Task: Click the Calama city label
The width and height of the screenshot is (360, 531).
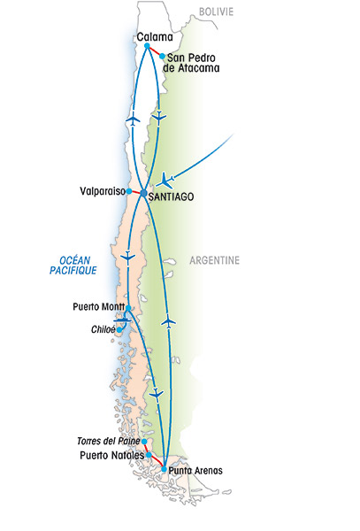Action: tap(155, 37)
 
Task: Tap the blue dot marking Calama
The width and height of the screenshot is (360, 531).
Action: tap(147, 46)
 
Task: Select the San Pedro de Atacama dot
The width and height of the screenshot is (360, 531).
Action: tap(163, 56)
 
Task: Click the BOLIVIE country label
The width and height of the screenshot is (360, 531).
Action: tap(216, 12)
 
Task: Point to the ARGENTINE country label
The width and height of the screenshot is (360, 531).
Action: tap(215, 260)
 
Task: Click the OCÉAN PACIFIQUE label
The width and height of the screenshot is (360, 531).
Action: tap(73, 265)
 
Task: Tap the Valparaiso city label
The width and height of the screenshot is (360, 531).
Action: tap(103, 191)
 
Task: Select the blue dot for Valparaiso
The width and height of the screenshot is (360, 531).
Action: tap(129, 191)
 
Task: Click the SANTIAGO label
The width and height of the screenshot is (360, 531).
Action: tap(172, 196)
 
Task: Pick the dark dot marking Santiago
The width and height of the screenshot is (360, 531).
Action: tap(143, 193)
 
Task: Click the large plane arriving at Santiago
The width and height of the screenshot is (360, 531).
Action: tap(165, 181)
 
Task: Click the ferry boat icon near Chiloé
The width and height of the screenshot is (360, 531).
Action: tap(122, 319)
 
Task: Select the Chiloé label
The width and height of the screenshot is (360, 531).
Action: tap(103, 329)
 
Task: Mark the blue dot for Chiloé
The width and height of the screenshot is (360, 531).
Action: tap(119, 330)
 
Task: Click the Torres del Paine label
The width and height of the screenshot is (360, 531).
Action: tap(109, 441)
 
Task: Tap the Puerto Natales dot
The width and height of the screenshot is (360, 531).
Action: tap(149, 455)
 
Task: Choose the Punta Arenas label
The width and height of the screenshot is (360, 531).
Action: tap(195, 471)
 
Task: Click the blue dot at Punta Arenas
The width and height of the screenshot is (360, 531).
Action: tap(165, 469)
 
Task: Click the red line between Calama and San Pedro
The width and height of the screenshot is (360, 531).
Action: tap(155, 50)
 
